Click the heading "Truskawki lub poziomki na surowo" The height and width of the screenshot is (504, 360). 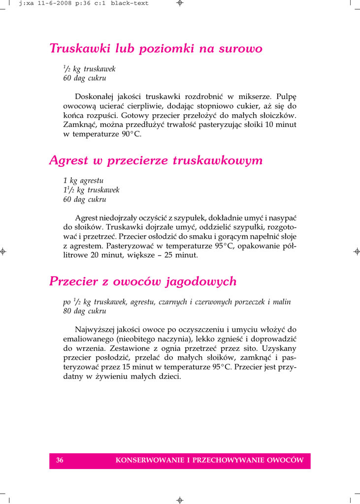pos(156,49)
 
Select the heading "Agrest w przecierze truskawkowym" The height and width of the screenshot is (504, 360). pos(156,160)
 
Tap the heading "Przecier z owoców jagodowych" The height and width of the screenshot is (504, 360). pos(143,282)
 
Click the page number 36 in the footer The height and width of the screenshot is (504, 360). pos(60,461)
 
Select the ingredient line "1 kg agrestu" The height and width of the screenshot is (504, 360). pos(83,181)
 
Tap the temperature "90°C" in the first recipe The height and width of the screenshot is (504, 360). pos(131,134)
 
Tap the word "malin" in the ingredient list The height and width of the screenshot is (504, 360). pos(281,302)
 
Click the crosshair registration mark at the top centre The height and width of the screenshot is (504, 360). pos(180,3)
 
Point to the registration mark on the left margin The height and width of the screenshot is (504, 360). pos(3,252)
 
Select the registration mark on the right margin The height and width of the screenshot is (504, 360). pos(357,252)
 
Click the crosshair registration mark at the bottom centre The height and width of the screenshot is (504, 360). pos(180,500)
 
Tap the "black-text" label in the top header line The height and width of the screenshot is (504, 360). pos(130,3)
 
